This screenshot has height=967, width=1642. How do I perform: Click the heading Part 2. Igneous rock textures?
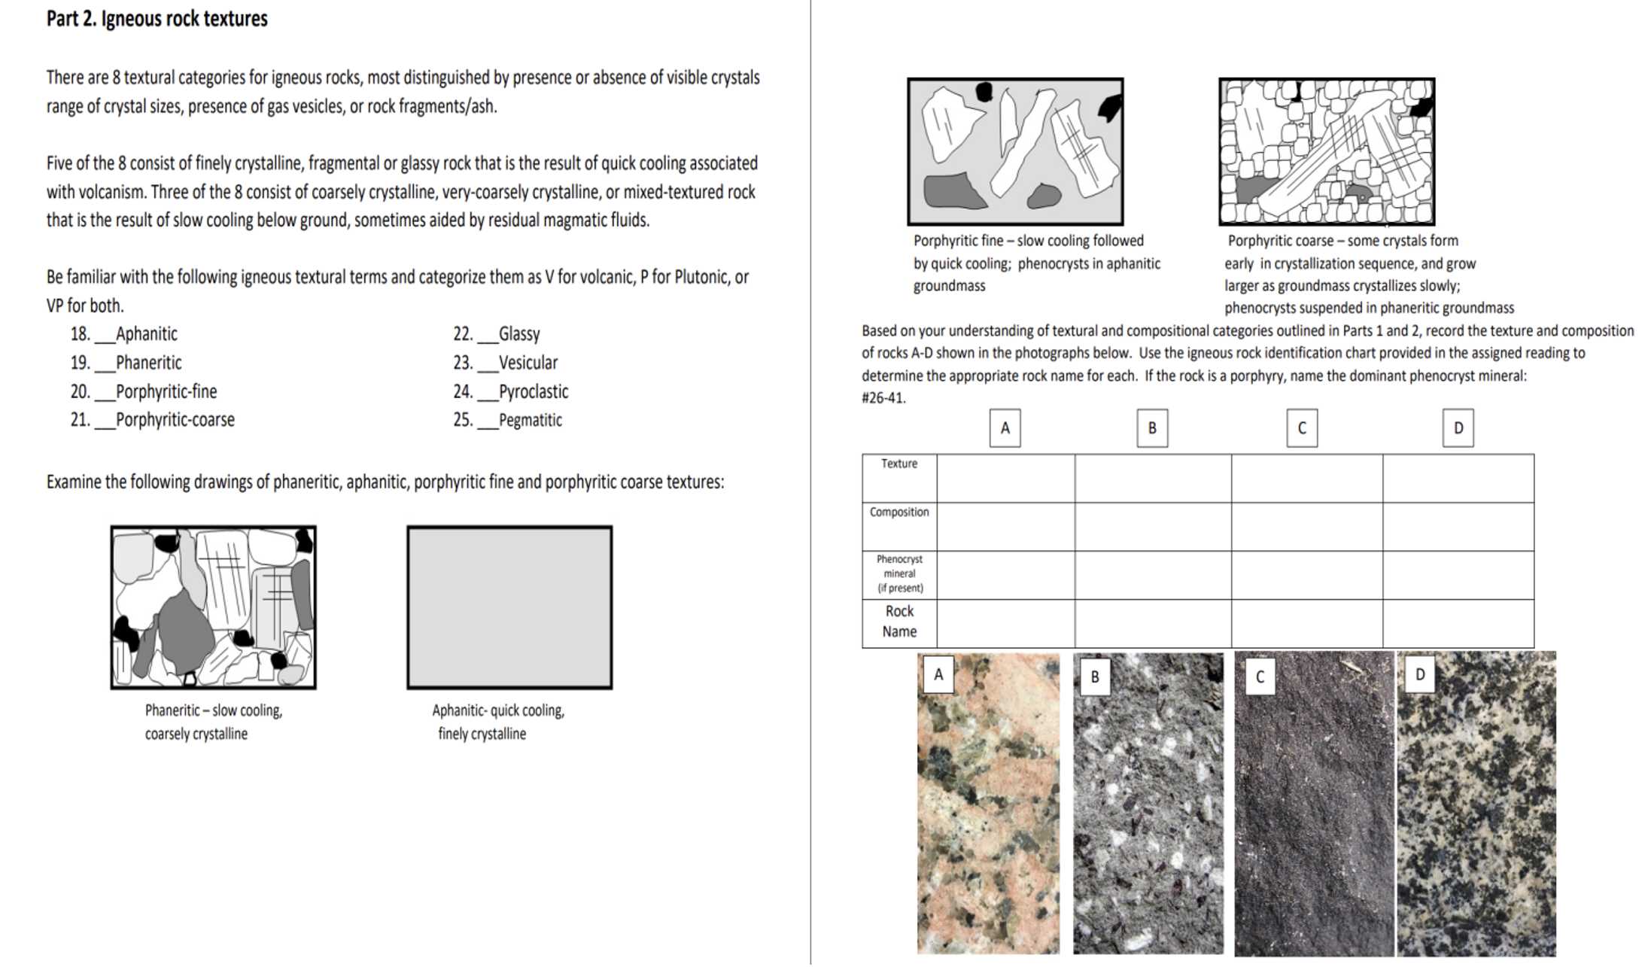[x=157, y=19]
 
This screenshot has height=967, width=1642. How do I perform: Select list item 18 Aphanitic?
[x=125, y=334]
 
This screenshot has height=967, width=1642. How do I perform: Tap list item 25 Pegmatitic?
[x=508, y=420]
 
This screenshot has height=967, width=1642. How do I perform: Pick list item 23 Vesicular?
[x=506, y=363]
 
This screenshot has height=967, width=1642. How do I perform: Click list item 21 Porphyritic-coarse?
[x=154, y=420]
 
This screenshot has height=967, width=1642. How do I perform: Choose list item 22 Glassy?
[x=497, y=334]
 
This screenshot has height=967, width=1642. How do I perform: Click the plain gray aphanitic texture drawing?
[x=509, y=607]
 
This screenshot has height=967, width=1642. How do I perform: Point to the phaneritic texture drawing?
[x=214, y=607]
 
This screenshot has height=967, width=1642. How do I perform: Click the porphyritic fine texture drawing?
[x=1015, y=151]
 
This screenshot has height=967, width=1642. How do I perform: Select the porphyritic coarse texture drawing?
[x=1327, y=151]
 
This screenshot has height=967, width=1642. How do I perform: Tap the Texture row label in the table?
[x=899, y=464]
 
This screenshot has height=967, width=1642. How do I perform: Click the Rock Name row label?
[x=899, y=622]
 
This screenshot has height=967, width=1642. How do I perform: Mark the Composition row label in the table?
[x=899, y=512]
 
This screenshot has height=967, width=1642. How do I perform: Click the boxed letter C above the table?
[x=1302, y=428]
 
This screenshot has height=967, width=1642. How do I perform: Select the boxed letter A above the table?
[x=1005, y=428]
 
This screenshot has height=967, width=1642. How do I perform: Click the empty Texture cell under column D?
[x=1458, y=479]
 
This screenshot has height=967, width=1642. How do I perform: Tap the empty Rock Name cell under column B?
[x=1153, y=623]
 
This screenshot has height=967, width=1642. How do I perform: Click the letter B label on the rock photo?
[x=1094, y=677]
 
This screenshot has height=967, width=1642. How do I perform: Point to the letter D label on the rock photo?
[x=1419, y=674]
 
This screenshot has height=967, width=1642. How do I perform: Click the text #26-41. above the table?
[x=883, y=398]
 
